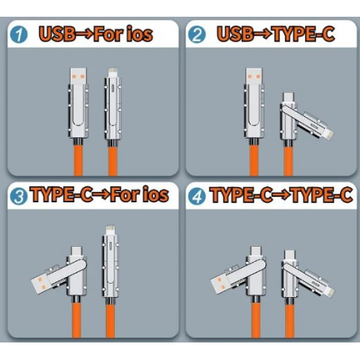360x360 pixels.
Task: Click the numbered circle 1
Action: click(18, 35)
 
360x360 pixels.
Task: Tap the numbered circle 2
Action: click(197, 35)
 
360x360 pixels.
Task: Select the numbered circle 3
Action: click(18, 197)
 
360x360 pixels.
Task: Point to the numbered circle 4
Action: click(197, 197)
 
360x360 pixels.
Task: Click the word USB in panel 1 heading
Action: click(57, 34)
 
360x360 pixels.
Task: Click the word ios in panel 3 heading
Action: click(156, 194)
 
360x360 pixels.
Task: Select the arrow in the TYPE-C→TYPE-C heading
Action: click(282, 195)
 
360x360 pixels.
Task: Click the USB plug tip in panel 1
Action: click(78, 76)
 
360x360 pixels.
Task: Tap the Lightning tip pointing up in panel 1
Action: click(113, 72)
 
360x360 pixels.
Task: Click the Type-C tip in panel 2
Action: click(288, 97)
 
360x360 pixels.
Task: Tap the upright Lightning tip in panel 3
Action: click(110, 230)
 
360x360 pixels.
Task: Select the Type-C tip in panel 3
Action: click(76, 251)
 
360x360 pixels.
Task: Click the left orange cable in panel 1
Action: click(78, 160)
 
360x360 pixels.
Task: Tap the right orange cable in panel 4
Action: click(290, 321)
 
